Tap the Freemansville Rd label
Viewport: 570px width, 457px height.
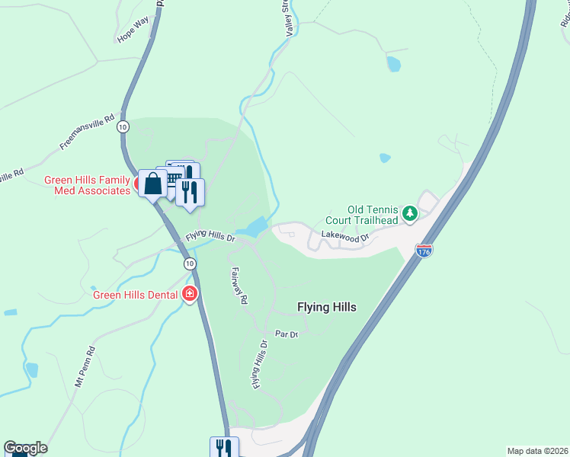[x=87, y=132]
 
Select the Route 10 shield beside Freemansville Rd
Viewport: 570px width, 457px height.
[x=123, y=127]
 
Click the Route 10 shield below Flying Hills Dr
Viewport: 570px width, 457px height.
[x=189, y=264]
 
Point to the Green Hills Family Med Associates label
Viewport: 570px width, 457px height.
[x=87, y=186]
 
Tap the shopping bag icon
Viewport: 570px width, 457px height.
[x=153, y=184]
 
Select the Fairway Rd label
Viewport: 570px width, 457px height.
[x=239, y=286]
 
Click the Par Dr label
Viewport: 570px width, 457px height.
[x=287, y=334]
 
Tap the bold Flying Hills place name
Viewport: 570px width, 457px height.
[x=327, y=308]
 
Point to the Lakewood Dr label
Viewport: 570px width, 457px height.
[x=344, y=238]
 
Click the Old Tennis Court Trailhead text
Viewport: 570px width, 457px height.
[x=373, y=215]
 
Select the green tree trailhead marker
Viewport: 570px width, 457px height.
[x=410, y=213]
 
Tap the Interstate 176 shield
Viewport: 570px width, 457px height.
[x=424, y=249]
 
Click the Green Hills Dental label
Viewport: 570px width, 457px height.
[x=135, y=295]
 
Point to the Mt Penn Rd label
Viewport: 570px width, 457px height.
[x=85, y=367]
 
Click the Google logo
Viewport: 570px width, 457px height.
[x=25, y=448]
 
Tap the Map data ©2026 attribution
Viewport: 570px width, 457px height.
[x=537, y=451]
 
